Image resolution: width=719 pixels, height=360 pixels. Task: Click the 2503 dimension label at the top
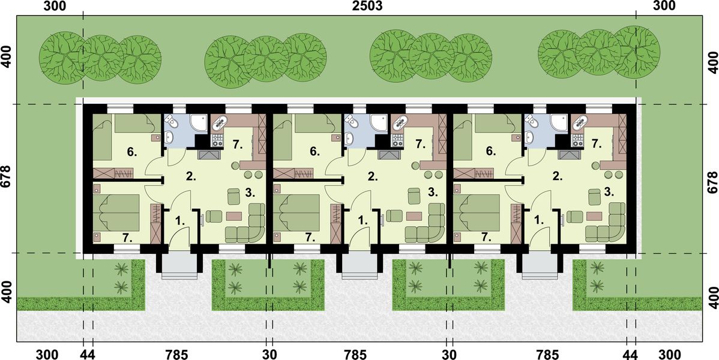point(359,7)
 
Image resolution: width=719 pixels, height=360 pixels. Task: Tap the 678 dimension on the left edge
point(7,178)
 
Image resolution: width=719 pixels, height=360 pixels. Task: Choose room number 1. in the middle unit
point(362,220)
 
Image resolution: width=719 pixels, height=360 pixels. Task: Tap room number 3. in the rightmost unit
point(609,192)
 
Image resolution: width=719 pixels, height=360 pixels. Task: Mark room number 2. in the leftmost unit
point(191,176)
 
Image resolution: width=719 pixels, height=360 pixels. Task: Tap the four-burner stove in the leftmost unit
point(217,141)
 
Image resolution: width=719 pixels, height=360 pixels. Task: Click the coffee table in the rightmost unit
point(594,215)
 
